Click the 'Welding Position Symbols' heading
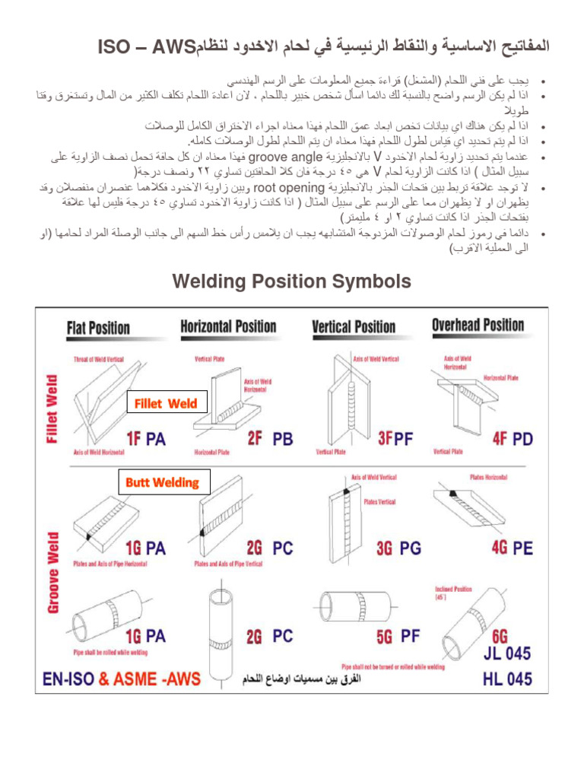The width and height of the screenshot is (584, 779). (x=292, y=281)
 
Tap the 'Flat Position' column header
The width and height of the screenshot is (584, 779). (x=98, y=328)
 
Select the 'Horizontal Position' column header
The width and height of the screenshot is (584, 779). (x=228, y=327)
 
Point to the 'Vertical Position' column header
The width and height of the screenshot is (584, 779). (x=354, y=327)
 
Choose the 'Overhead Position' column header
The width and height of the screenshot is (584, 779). (x=478, y=326)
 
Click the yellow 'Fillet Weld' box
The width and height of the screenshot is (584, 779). (x=166, y=404)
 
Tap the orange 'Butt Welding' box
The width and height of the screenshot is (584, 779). (x=162, y=482)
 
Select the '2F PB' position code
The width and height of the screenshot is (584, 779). (x=270, y=439)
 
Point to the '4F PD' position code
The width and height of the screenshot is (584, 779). (x=513, y=439)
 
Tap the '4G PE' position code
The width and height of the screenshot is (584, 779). (x=513, y=548)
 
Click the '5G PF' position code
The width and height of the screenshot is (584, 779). (x=398, y=635)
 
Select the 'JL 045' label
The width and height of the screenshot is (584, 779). (x=507, y=653)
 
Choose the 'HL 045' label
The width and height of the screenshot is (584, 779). (x=507, y=679)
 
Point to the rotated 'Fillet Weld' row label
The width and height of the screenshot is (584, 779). (x=52, y=408)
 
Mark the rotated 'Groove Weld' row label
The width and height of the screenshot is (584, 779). (x=52, y=573)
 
